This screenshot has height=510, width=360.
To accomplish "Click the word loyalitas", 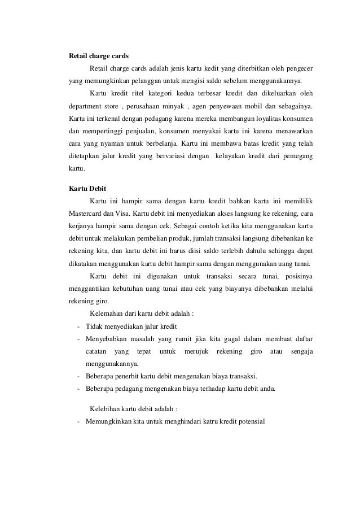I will (262, 119).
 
